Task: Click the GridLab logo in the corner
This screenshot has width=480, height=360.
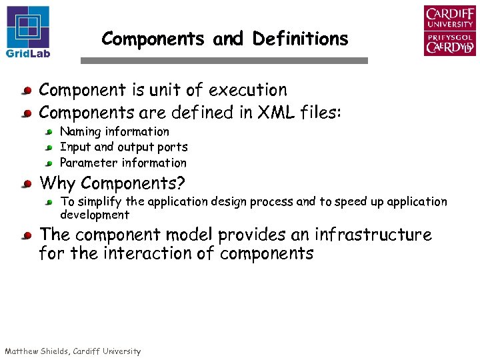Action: [28, 31]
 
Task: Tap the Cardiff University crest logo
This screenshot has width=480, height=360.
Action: [449, 31]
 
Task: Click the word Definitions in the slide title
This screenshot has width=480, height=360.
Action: [300, 39]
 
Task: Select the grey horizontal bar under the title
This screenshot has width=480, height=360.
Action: [224, 61]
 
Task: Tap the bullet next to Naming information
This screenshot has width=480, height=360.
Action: [49, 133]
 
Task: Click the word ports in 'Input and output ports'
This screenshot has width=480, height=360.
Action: [173, 147]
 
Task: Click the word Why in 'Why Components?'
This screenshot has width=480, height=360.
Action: [58, 183]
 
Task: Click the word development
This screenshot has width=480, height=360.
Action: [95, 215]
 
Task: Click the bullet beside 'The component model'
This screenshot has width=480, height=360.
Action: [25, 236]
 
